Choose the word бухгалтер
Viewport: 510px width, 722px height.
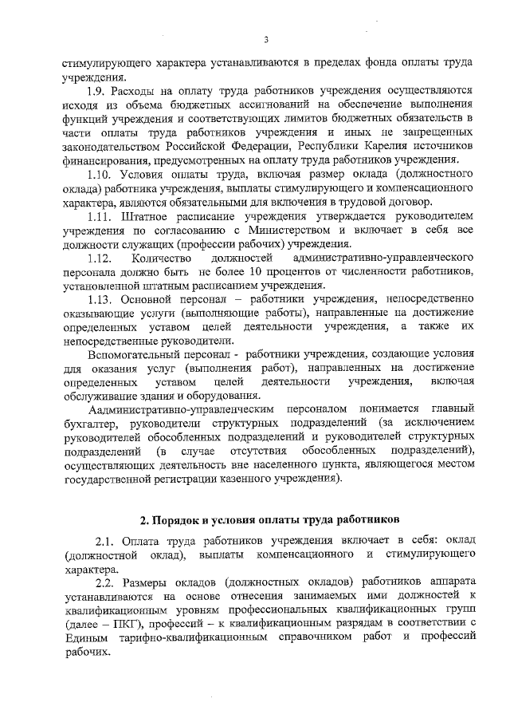(x=90, y=422)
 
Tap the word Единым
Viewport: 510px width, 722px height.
(x=84, y=638)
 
